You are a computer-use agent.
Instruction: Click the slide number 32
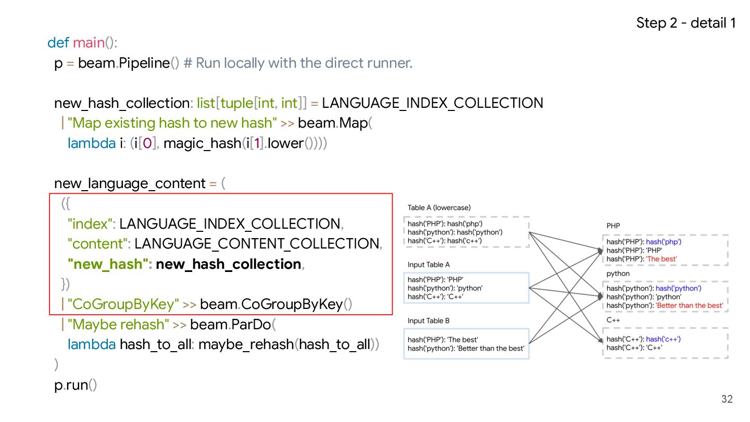point(727,399)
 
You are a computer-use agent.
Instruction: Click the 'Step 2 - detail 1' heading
point(686,23)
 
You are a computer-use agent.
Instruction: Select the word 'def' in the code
point(58,43)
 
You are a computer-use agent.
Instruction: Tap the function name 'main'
point(89,43)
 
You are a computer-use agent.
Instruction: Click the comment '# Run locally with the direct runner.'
point(298,63)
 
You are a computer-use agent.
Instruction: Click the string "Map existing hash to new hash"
point(172,123)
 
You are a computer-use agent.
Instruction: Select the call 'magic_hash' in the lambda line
point(203,143)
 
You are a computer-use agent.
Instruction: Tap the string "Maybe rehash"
point(118,325)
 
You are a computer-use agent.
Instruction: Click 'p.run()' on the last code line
point(76,386)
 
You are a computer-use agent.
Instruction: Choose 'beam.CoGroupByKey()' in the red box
point(276,304)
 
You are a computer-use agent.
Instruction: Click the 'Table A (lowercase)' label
point(439,207)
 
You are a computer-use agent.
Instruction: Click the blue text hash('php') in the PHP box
point(664,242)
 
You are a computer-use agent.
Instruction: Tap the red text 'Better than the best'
point(690,305)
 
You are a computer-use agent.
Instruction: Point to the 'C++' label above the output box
point(612,320)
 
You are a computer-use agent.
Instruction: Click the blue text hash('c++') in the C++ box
point(663,339)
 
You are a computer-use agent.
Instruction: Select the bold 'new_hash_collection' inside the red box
point(229,264)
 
